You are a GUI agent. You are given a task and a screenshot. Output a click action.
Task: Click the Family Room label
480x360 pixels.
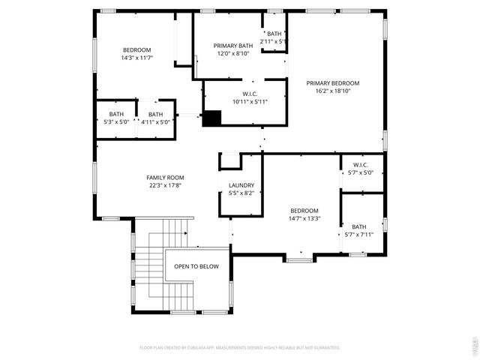(165, 178)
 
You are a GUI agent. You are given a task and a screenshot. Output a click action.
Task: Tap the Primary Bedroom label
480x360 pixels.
(332, 83)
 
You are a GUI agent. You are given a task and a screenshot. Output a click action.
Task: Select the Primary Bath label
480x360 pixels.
(232, 46)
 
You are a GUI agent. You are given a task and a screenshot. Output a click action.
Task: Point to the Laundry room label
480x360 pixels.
(241, 185)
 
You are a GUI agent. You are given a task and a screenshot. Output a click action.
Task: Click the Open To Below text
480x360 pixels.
(196, 266)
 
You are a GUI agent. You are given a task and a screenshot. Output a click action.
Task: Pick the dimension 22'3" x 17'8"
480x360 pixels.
(165, 185)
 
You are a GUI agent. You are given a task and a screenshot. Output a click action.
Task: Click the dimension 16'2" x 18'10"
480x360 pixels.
(332, 91)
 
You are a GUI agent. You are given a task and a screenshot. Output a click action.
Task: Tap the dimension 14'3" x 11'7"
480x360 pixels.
(136, 58)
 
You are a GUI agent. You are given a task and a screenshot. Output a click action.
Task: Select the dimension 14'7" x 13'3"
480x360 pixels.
(304, 218)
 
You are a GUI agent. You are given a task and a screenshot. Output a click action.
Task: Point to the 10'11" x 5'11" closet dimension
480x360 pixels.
(250, 101)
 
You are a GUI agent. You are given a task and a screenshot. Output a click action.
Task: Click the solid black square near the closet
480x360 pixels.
(213, 118)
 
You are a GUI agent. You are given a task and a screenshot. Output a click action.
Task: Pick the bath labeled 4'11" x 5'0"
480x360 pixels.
(155, 118)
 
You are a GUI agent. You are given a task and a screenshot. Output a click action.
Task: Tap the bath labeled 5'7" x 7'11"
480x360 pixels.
(359, 230)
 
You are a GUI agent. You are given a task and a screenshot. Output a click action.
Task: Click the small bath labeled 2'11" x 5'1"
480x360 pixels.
(274, 37)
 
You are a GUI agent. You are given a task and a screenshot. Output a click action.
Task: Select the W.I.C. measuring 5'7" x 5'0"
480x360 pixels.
(360, 169)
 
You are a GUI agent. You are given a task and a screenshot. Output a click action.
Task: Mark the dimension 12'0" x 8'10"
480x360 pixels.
(232, 53)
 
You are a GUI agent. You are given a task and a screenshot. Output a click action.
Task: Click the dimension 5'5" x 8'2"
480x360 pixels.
(241, 193)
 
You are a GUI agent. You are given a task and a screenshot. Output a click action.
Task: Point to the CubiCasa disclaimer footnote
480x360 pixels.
(240, 348)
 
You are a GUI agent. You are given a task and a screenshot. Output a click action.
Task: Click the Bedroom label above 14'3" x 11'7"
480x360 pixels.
(136, 49)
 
